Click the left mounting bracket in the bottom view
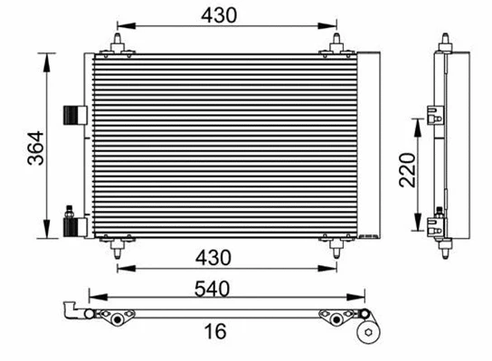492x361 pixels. point(114,317)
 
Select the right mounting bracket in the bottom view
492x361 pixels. point(336,318)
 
